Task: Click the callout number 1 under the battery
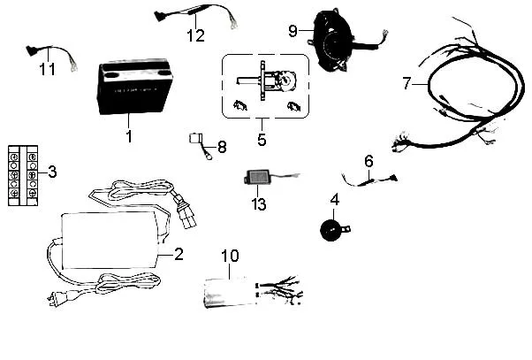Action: (129, 136)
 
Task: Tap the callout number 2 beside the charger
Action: (179, 254)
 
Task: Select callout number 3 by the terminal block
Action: (52, 172)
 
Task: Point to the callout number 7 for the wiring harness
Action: (407, 83)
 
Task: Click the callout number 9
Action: (293, 31)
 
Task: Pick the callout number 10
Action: (230, 256)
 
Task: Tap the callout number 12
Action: (196, 35)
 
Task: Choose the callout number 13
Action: (259, 204)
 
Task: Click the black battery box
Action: (134, 87)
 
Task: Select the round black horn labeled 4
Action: (331, 230)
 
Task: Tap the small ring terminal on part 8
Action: (208, 157)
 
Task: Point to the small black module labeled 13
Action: (257, 177)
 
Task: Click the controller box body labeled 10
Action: (230, 293)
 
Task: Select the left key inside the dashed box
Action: (240, 105)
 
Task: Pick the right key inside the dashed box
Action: (293, 106)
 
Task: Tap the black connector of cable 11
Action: (32, 50)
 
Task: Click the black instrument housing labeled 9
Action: (331, 41)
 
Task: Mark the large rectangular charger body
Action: (110, 240)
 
